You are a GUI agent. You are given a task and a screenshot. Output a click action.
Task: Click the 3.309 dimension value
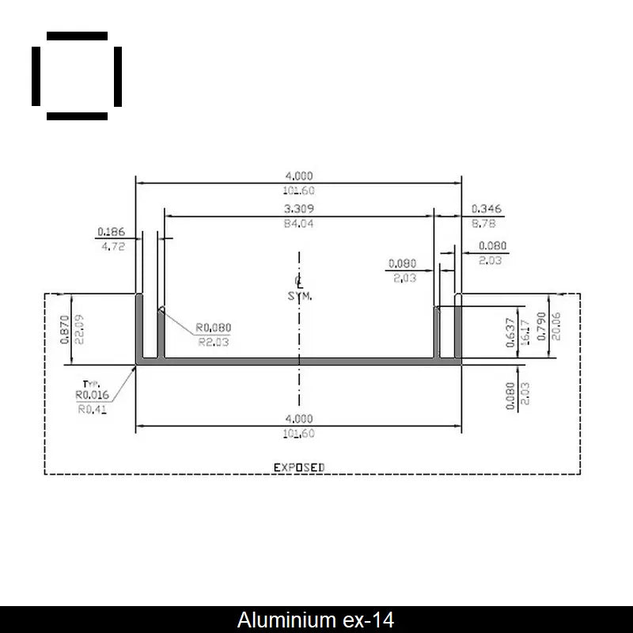click(x=298, y=209)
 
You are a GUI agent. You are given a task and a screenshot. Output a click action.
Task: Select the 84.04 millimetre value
click(x=298, y=224)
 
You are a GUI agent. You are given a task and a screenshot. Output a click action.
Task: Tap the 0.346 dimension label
click(x=487, y=209)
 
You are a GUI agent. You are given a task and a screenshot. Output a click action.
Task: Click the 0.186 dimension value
click(x=110, y=232)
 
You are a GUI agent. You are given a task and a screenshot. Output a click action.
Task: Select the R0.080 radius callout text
click(x=214, y=328)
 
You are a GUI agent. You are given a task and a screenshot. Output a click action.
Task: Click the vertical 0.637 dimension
click(x=510, y=332)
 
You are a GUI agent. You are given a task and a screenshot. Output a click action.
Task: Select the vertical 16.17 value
click(x=524, y=332)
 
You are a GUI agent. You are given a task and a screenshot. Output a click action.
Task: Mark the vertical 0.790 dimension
click(x=541, y=326)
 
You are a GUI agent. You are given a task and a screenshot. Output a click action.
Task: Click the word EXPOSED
click(x=299, y=468)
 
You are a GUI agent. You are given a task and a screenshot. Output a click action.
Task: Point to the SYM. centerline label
click(x=300, y=296)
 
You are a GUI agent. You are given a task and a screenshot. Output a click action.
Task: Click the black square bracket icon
click(x=77, y=76)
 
